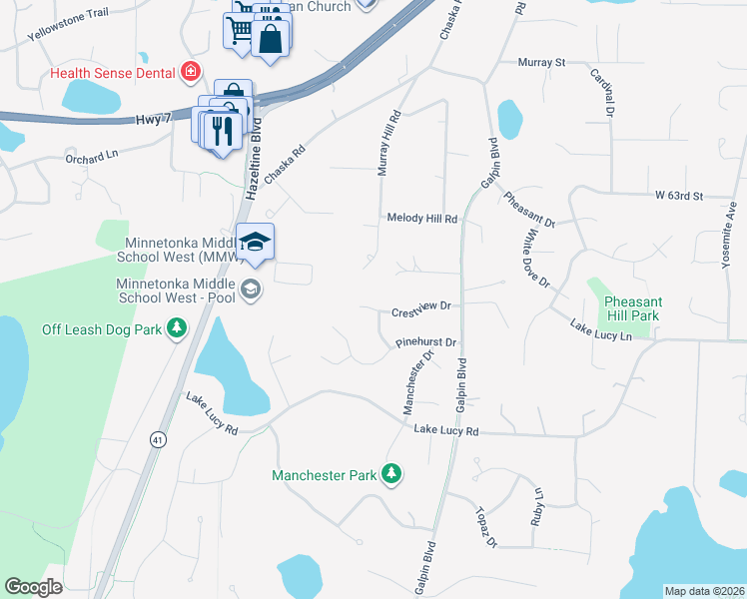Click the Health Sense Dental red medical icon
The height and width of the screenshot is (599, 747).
pyautogui.click(x=190, y=72)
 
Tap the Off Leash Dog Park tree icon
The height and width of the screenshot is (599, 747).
pyautogui.click(x=177, y=327)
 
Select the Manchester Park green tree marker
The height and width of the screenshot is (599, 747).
pyautogui.click(x=394, y=474)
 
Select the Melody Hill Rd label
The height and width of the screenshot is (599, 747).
pyautogui.click(x=421, y=218)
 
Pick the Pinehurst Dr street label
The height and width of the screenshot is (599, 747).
pyautogui.click(x=425, y=342)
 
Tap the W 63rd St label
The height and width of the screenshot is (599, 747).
pyautogui.click(x=679, y=196)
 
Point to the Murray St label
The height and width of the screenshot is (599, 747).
pyautogui.click(x=541, y=63)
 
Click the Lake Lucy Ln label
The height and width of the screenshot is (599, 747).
pyautogui.click(x=601, y=330)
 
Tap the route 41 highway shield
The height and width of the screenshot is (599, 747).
pyautogui.click(x=158, y=438)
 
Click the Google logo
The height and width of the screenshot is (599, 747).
pyautogui.click(x=33, y=587)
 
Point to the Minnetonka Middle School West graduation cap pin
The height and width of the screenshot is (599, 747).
pyautogui.click(x=256, y=243)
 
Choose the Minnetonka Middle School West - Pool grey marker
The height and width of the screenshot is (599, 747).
pyautogui.click(x=250, y=290)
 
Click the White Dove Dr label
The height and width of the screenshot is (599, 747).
pyautogui.click(x=532, y=256)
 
